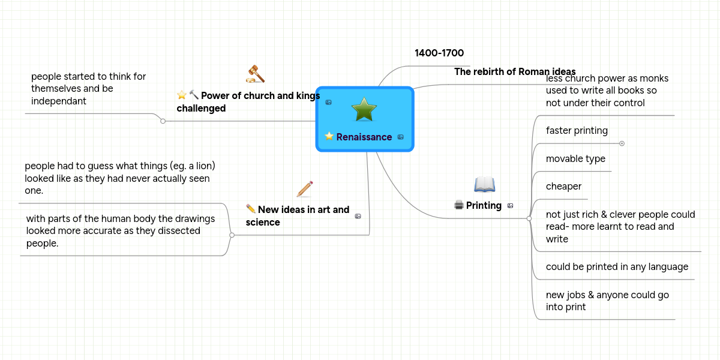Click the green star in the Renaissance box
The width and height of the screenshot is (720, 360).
[364, 109]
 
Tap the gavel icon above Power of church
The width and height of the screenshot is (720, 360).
[256, 73]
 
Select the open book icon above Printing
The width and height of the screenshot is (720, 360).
[484, 185]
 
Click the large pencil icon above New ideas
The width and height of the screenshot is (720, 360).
[305, 188]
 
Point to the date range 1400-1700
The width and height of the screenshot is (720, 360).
[439, 53]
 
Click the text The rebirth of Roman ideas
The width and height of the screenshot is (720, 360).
[515, 71]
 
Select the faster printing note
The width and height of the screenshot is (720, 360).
[577, 131]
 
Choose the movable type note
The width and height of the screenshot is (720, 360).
[575, 159]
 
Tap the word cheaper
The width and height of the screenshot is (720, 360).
[563, 187]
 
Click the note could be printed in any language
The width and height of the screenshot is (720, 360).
[617, 267]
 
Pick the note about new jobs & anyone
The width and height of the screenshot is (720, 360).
[607, 301]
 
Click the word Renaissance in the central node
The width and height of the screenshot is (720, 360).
[364, 137]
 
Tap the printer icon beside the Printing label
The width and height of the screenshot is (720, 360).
[459, 205]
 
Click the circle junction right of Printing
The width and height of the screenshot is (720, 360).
[529, 219]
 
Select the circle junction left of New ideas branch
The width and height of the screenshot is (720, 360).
[232, 235]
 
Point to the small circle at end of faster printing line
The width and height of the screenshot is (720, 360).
[622, 143]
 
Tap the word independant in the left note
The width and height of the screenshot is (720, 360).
[59, 101]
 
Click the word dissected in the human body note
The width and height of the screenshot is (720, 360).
[174, 231]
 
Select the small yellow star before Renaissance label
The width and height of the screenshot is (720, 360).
[329, 137]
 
